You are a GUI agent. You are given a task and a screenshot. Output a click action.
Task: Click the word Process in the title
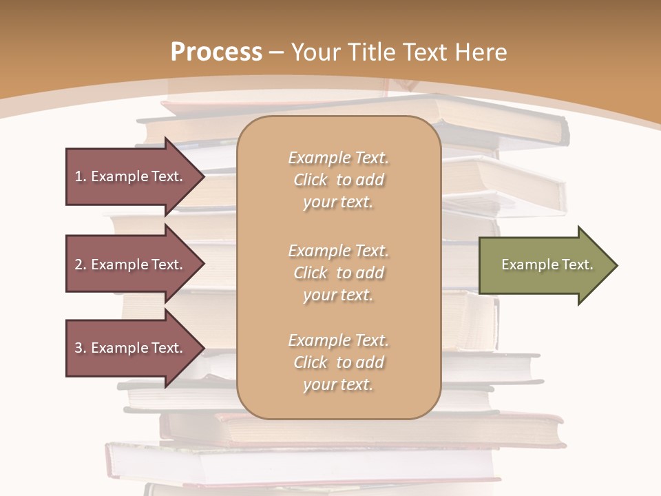coord(216,52)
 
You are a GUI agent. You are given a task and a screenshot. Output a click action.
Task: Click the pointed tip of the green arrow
coord(615,265)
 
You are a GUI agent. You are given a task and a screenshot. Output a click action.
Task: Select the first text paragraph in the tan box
coord(338,180)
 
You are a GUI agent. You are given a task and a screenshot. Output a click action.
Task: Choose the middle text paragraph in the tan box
coord(338,273)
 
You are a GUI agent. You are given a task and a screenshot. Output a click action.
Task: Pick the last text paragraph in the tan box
coord(338,362)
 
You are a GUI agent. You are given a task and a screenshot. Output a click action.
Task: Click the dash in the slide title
coord(276,52)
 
